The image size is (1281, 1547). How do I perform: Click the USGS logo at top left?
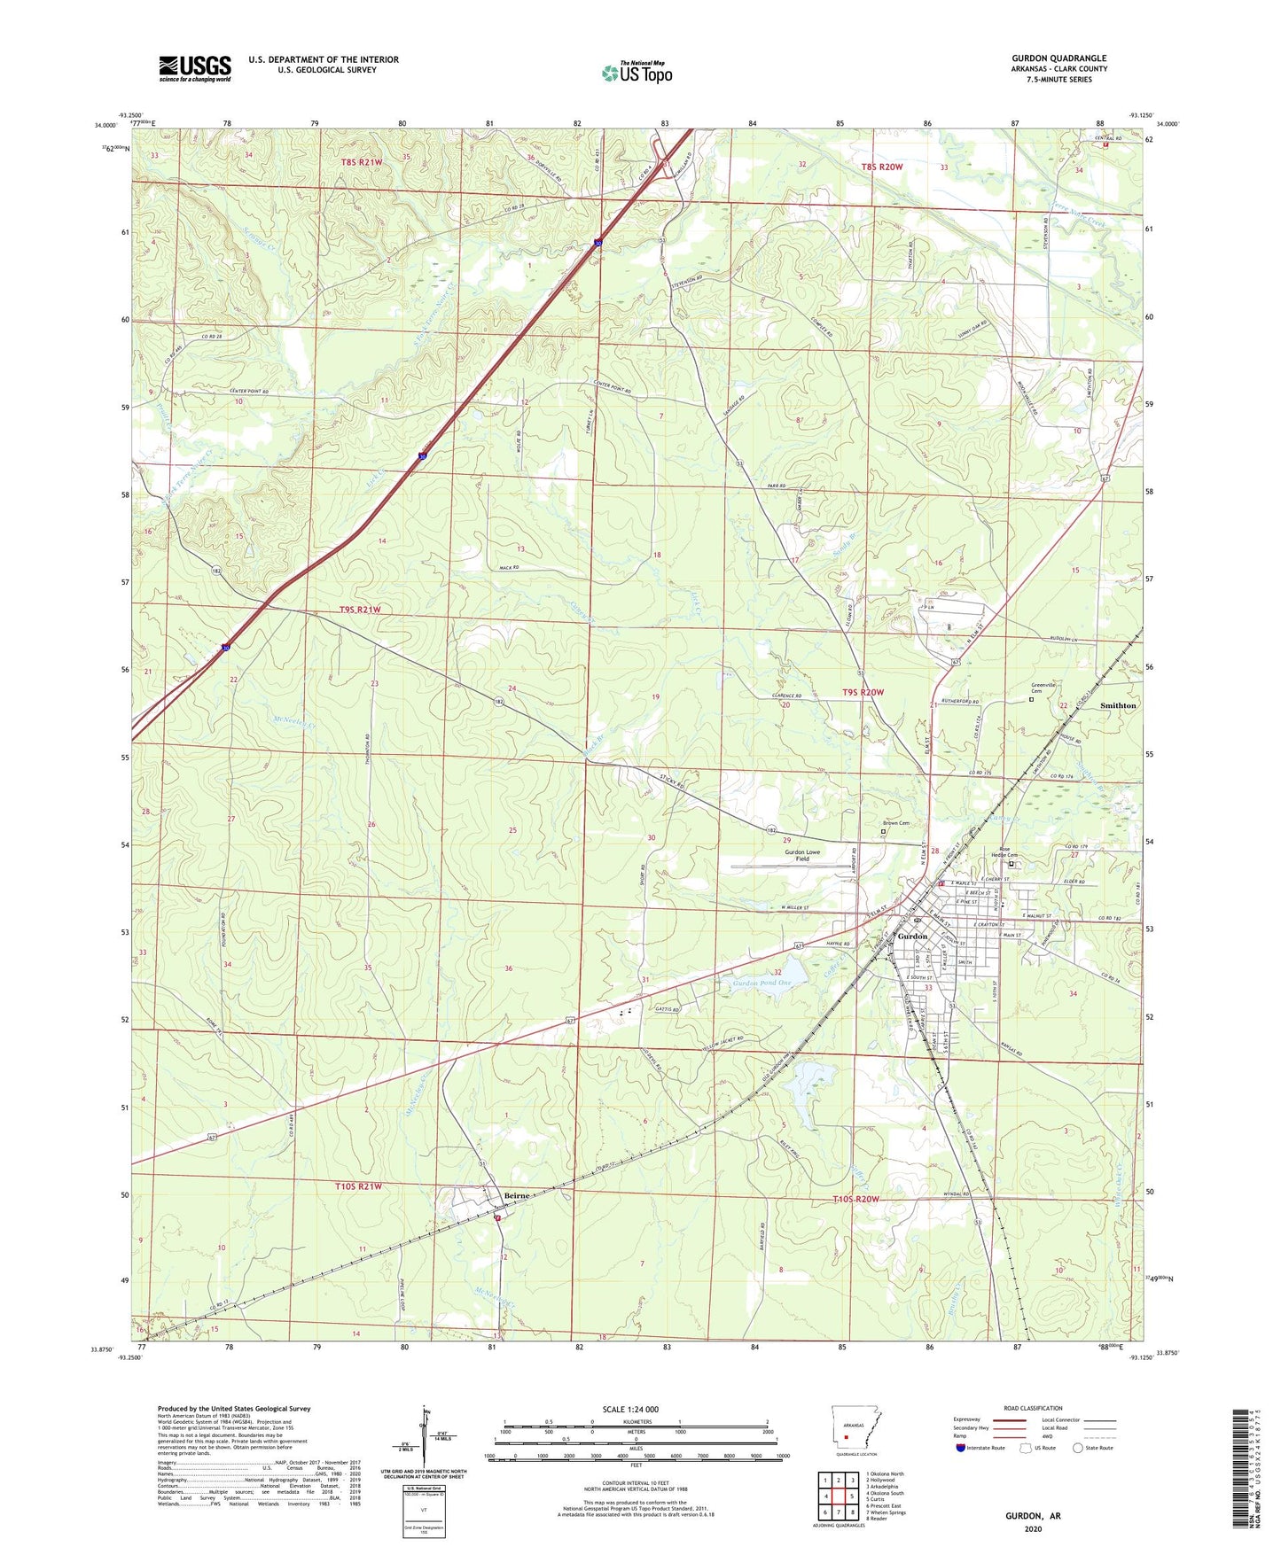tap(195, 68)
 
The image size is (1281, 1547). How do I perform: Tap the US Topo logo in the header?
tap(637, 73)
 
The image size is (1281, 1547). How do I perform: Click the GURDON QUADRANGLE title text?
tap(1058, 58)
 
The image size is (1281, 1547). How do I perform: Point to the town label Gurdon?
tap(912, 937)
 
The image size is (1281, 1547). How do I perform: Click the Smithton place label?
tap(1117, 705)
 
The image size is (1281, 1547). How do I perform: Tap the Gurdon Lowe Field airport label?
tap(801, 855)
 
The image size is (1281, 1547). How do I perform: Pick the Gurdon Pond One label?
tap(762, 983)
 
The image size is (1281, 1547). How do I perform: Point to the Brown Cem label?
tap(895, 823)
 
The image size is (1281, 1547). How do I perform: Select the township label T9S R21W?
tap(360, 610)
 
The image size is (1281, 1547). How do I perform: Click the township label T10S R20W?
tap(855, 1199)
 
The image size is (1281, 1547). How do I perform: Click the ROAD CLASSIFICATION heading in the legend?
tap(1033, 1408)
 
